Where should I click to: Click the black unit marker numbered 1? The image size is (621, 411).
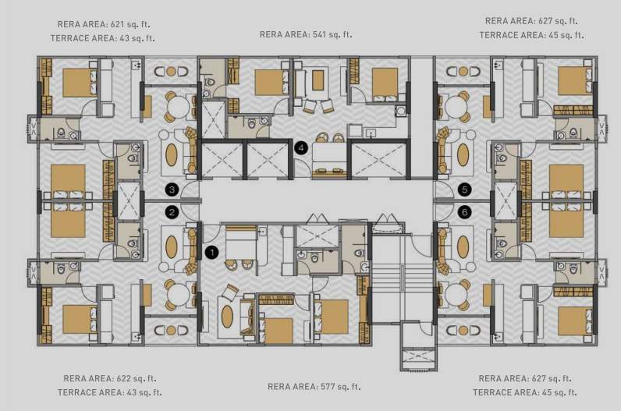point(211,252)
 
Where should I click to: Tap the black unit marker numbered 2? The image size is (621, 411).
point(172,211)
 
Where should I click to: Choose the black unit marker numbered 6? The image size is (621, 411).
point(465,211)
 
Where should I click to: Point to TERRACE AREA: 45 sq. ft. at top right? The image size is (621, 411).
point(531,35)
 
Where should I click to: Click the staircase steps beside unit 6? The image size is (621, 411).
point(401,281)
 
